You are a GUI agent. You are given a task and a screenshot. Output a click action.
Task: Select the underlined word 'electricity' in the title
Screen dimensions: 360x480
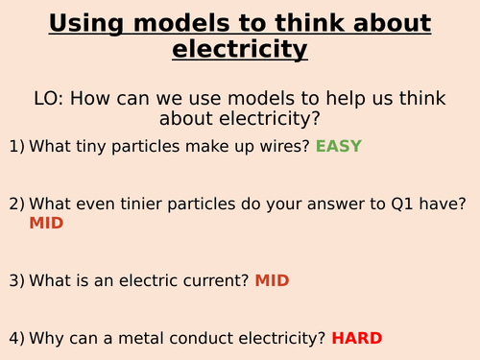click(x=240, y=47)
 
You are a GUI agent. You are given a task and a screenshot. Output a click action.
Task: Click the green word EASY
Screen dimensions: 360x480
click(x=340, y=147)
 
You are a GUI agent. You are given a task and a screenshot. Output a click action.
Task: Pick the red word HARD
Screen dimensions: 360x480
click(x=357, y=338)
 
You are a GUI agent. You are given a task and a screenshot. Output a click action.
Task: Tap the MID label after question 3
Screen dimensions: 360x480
click(x=272, y=281)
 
